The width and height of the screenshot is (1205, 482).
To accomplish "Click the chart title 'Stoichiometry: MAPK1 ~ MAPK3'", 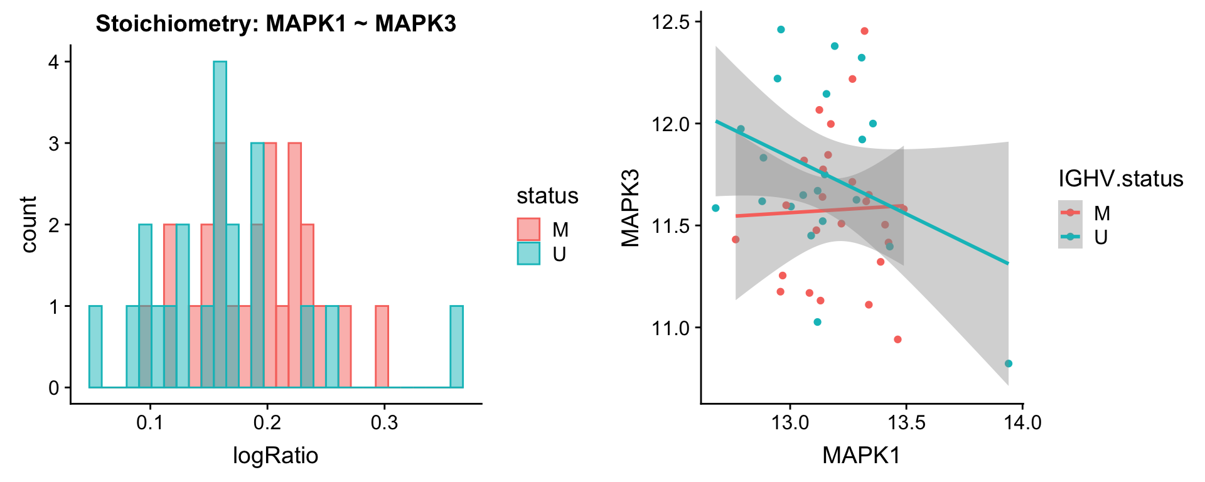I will click(276, 24).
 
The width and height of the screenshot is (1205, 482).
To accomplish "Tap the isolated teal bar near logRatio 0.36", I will click(456, 346).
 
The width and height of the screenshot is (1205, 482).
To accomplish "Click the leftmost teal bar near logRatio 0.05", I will click(95, 346).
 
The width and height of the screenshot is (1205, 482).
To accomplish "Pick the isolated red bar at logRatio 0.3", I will click(382, 346).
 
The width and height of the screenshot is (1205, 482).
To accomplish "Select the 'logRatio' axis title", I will click(276, 455).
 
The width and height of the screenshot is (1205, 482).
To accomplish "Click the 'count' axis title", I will click(29, 224).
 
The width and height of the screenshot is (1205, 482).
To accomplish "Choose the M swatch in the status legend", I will click(528, 229).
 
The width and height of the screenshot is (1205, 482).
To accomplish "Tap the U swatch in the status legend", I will click(528, 253).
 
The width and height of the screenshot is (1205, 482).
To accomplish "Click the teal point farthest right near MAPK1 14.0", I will click(1008, 363).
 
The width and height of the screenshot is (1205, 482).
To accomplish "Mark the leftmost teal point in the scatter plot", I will click(715, 208).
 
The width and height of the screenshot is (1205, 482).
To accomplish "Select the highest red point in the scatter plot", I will click(864, 31).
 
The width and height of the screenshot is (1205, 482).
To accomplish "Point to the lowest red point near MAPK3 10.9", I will click(897, 340).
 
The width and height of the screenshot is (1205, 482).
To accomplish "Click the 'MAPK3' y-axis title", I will click(630, 208).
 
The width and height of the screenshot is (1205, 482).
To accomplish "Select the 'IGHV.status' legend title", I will click(1120, 179).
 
